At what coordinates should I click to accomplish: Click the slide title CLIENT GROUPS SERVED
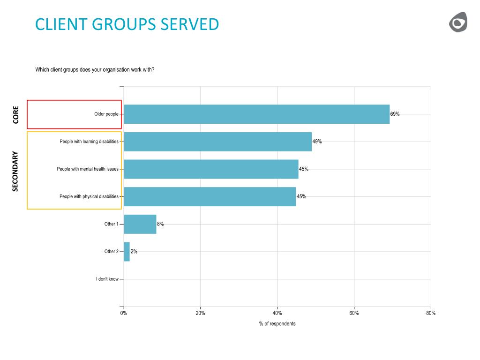[x=127, y=24]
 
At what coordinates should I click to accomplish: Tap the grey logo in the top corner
[x=458, y=22]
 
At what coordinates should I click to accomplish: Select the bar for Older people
[x=256, y=114]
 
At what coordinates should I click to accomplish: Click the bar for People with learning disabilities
[x=217, y=142]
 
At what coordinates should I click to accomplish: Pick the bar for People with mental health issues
[x=211, y=169]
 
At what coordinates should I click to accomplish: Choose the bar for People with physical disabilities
[x=210, y=196]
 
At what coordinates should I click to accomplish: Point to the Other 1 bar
[x=140, y=224]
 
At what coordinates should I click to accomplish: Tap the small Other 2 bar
[x=127, y=252]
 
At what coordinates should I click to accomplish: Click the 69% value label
[x=395, y=114]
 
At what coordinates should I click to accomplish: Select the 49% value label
[x=317, y=142]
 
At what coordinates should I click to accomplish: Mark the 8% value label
[x=160, y=224]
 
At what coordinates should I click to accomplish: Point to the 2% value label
[x=134, y=252]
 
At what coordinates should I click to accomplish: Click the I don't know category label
[x=107, y=279]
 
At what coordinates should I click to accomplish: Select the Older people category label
[x=106, y=114]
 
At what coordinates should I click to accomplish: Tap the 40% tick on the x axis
[x=277, y=313]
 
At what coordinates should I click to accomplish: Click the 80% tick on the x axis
[x=431, y=313]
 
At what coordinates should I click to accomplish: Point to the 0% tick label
[x=124, y=313]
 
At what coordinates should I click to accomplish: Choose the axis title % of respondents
[x=277, y=324]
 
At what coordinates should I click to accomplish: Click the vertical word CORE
[x=16, y=115]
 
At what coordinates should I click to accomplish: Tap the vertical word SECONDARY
[x=15, y=171]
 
